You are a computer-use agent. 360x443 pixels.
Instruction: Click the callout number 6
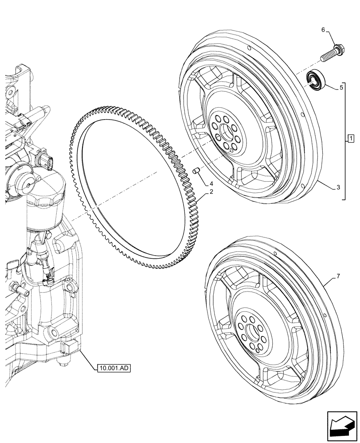pos(323,30)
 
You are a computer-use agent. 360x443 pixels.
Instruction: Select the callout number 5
pos(341,88)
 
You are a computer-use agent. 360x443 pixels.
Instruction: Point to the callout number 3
pos(338,188)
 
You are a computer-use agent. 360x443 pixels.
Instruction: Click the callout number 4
pos(212,183)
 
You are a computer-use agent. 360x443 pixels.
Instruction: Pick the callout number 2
pos(212,192)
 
